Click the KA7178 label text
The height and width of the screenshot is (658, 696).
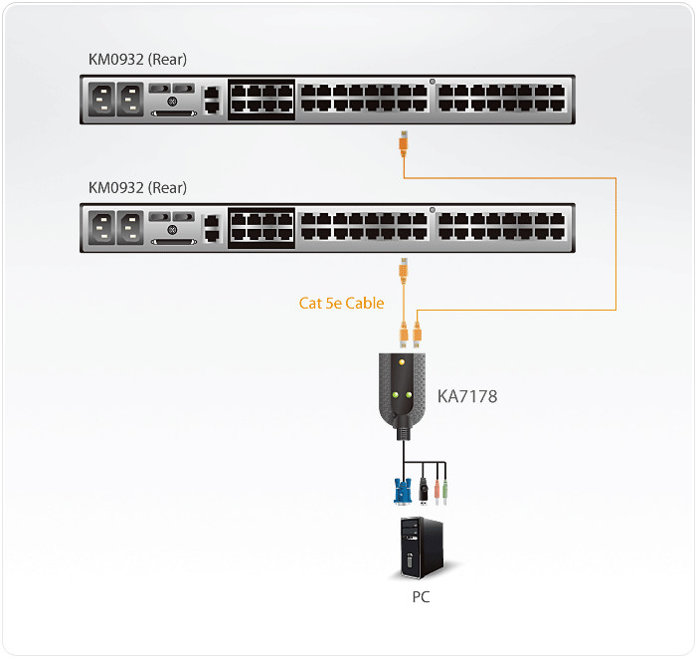point(467,396)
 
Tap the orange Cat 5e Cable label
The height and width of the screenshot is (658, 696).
point(341,303)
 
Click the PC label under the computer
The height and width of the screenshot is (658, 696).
point(421,597)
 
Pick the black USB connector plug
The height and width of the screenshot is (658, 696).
point(424,489)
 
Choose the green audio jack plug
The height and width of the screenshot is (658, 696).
point(446,490)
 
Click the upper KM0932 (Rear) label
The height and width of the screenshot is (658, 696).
point(137,60)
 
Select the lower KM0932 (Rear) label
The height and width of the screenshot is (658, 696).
point(137,187)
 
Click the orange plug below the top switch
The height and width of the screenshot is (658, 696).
point(402,143)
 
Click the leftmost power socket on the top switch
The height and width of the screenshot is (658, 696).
point(101,99)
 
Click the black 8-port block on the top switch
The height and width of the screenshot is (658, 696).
point(261,99)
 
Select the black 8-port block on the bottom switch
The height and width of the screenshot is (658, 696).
point(261,226)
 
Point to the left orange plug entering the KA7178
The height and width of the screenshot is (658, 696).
point(404,333)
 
